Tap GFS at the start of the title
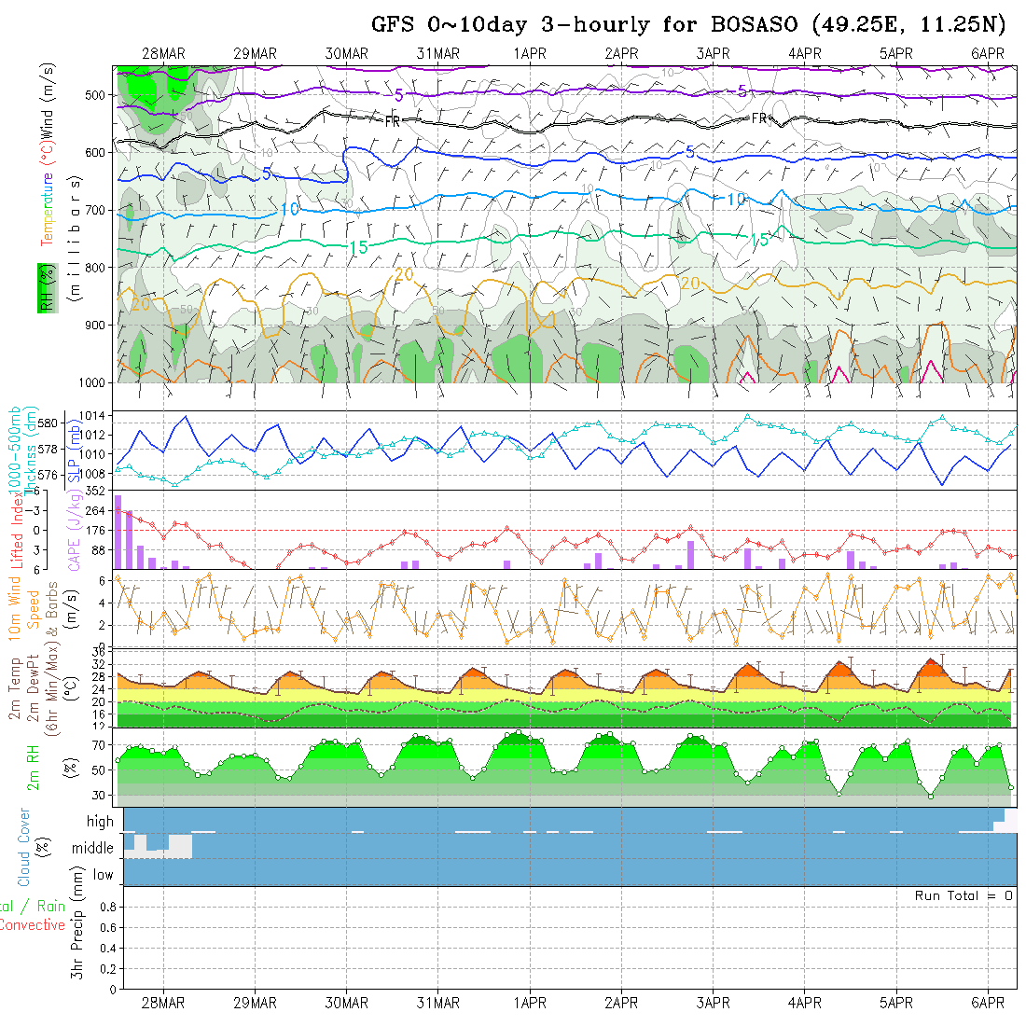point(393,24)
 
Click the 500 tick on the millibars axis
point(98,95)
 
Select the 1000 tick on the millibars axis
point(94,382)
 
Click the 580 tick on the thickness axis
point(47,423)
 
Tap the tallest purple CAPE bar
point(118,532)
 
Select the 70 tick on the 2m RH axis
point(95,745)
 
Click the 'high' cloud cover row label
point(100,822)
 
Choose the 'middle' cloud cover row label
point(93,849)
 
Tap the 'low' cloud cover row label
point(103,875)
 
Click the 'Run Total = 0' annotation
point(964,895)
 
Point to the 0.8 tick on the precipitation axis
point(104,908)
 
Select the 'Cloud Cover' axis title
point(24,848)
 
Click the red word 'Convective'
point(33,925)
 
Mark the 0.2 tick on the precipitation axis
point(104,968)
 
